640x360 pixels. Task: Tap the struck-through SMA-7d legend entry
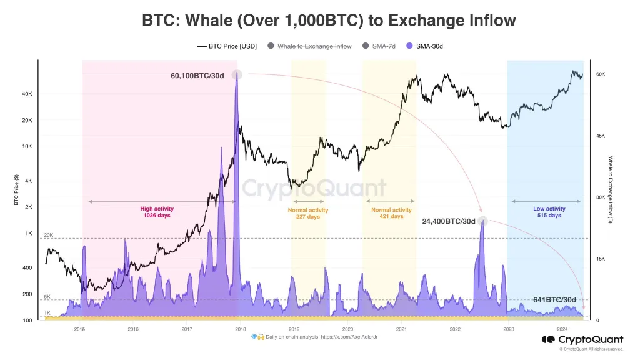click(x=384, y=46)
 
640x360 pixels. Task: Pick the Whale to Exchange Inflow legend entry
click(x=314, y=46)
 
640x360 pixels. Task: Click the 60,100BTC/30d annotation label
click(x=197, y=76)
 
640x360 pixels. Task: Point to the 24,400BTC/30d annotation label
click(x=449, y=221)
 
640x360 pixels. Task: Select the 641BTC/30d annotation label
click(x=554, y=300)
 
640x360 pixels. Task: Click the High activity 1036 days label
click(x=157, y=212)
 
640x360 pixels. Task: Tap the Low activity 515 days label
click(x=549, y=212)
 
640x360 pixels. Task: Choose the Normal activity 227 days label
click(x=308, y=214)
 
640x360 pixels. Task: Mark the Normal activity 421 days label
click(x=391, y=213)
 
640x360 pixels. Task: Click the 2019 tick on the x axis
click(x=294, y=329)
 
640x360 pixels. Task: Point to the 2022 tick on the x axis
click(x=455, y=329)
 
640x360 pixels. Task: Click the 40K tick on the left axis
click(x=27, y=94)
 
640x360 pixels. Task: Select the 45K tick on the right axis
click(x=600, y=136)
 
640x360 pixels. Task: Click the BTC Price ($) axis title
click(x=17, y=189)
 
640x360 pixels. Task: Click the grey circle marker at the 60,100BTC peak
click(x=237, y=75)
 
